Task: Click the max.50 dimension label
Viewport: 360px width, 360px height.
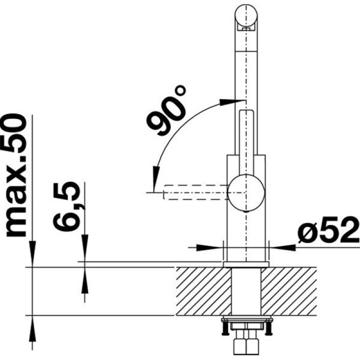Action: [18, 175]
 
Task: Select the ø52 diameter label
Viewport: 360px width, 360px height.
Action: [328, 233]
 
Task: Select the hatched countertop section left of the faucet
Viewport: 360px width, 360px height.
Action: [202, 291]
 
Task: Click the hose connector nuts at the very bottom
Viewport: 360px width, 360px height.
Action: [246, 346]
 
